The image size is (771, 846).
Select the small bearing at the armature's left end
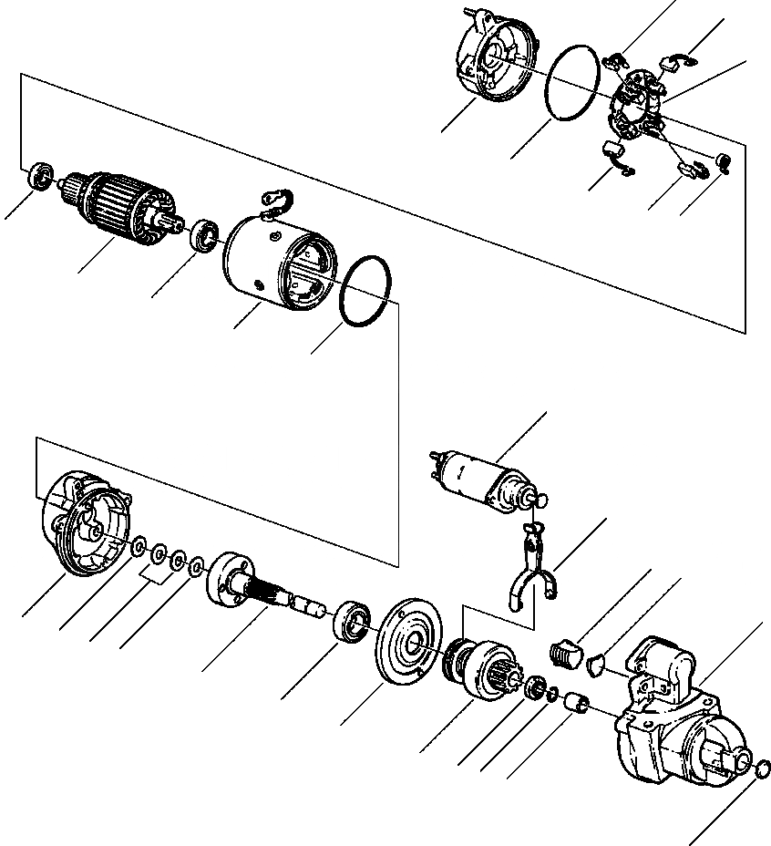click(39, 175)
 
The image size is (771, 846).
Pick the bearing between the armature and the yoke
click(204, 234)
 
